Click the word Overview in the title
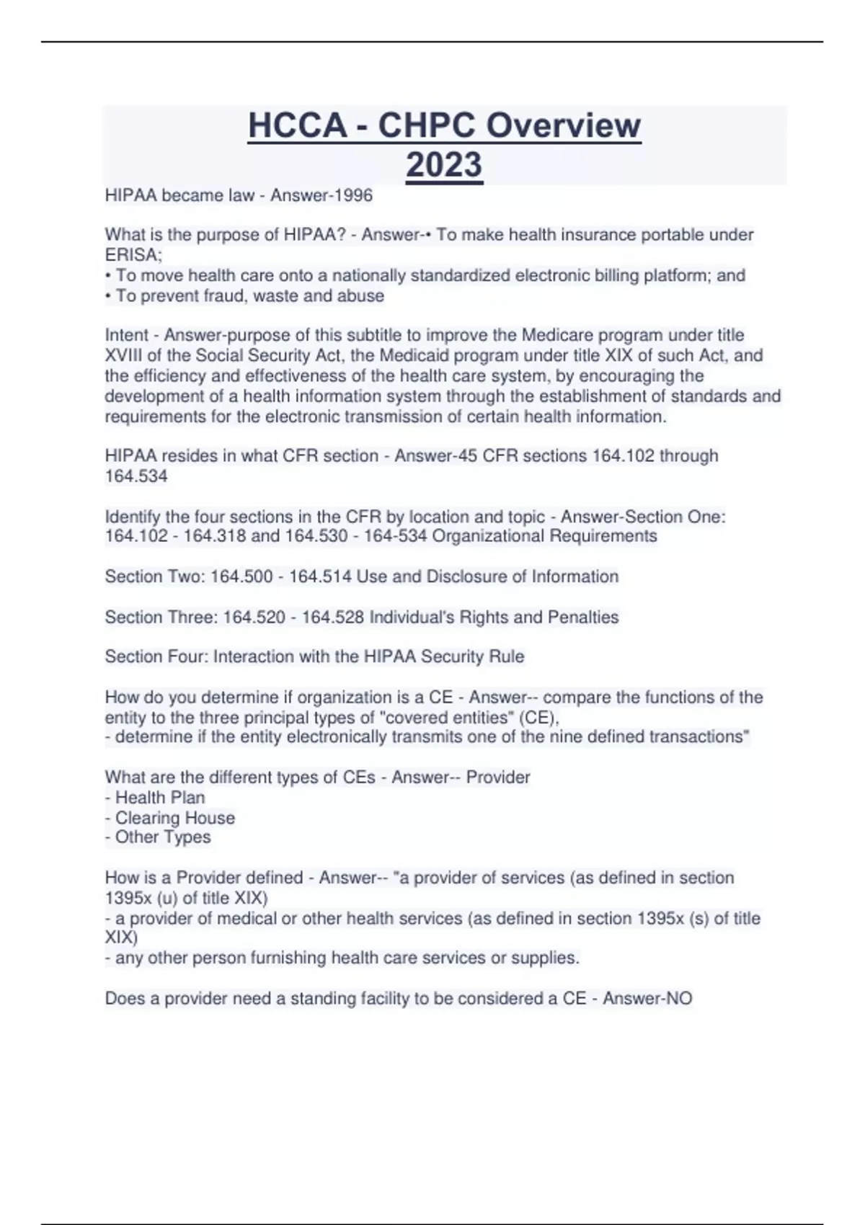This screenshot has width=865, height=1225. coord(563,125)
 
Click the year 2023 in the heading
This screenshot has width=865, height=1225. coord(444,165)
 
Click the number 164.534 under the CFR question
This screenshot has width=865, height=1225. coord(136,476)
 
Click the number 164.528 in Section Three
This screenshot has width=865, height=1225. coord(332,618)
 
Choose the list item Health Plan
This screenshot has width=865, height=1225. coord(159,798)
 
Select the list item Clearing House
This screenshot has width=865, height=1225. coord(174,818)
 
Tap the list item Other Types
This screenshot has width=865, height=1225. coord(162,837)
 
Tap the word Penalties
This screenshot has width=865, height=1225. coord(583,618)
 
